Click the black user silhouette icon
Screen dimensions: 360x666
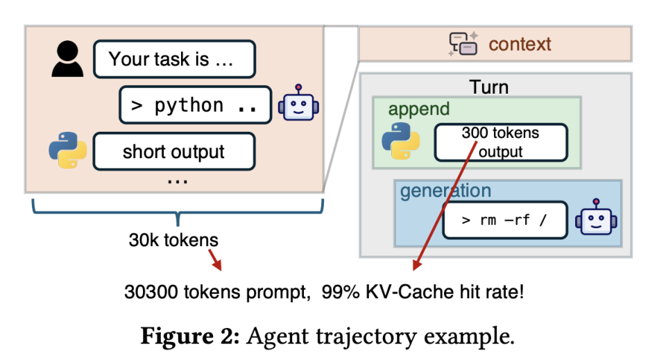click(68, 59)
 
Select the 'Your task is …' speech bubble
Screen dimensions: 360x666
click(173, 59)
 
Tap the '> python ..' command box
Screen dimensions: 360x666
click(195, 105)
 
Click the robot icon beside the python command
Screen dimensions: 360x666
click(298, 104)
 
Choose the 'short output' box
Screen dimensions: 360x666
click(173, 152)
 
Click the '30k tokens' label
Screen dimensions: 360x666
click(173, 240)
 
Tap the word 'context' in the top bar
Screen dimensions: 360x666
click(520, 44)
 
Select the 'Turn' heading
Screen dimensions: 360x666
click(489, 87)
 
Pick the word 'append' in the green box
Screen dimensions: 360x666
click(419, 109)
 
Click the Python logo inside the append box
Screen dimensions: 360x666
click(401, 141)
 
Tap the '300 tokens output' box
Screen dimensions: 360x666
click(500, 142)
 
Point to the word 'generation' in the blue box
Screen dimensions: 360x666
click(445, 191)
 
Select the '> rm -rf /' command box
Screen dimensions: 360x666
click(504, 221)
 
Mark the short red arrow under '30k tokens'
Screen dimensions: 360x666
click(215, 262)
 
